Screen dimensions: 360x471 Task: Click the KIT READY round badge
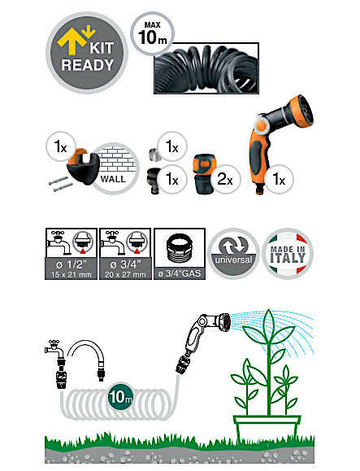pyautogui.click(x=87, y=53)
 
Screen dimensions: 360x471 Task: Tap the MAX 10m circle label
pyautogui.click(x=153, y=33)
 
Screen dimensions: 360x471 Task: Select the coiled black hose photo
pyautogui.click(x=206, y=68)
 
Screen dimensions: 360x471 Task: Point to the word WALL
pyautogui.click(x=113, y=179)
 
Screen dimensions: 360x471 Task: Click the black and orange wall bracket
pyautogui.click(x=83, y=166)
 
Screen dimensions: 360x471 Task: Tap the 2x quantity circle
pyautogui.click(x=225, y=179)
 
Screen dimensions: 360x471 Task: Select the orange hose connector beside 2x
pyautogui.click(x=203, y=174)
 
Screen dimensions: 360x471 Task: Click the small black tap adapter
pyautogui.click(x=154, y=181)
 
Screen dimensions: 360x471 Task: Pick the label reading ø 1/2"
pyautogui.click(x=72, y=264)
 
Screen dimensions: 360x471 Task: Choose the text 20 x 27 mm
pyautogui.click(x=125, y=275)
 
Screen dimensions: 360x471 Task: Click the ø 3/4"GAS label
pyautogui.click(x=180, y=273)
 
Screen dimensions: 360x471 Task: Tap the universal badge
pyautogui.click(x=233, y=254)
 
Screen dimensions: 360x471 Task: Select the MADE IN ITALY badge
pyautogui.click(x=288, y=254)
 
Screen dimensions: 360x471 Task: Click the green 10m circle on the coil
pyautogui.click(x=120, y=396)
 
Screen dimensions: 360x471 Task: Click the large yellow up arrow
pyautogui.click(x=72, y=41)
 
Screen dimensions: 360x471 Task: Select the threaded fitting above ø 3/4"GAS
pyautogui.click(x=180, y=249)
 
